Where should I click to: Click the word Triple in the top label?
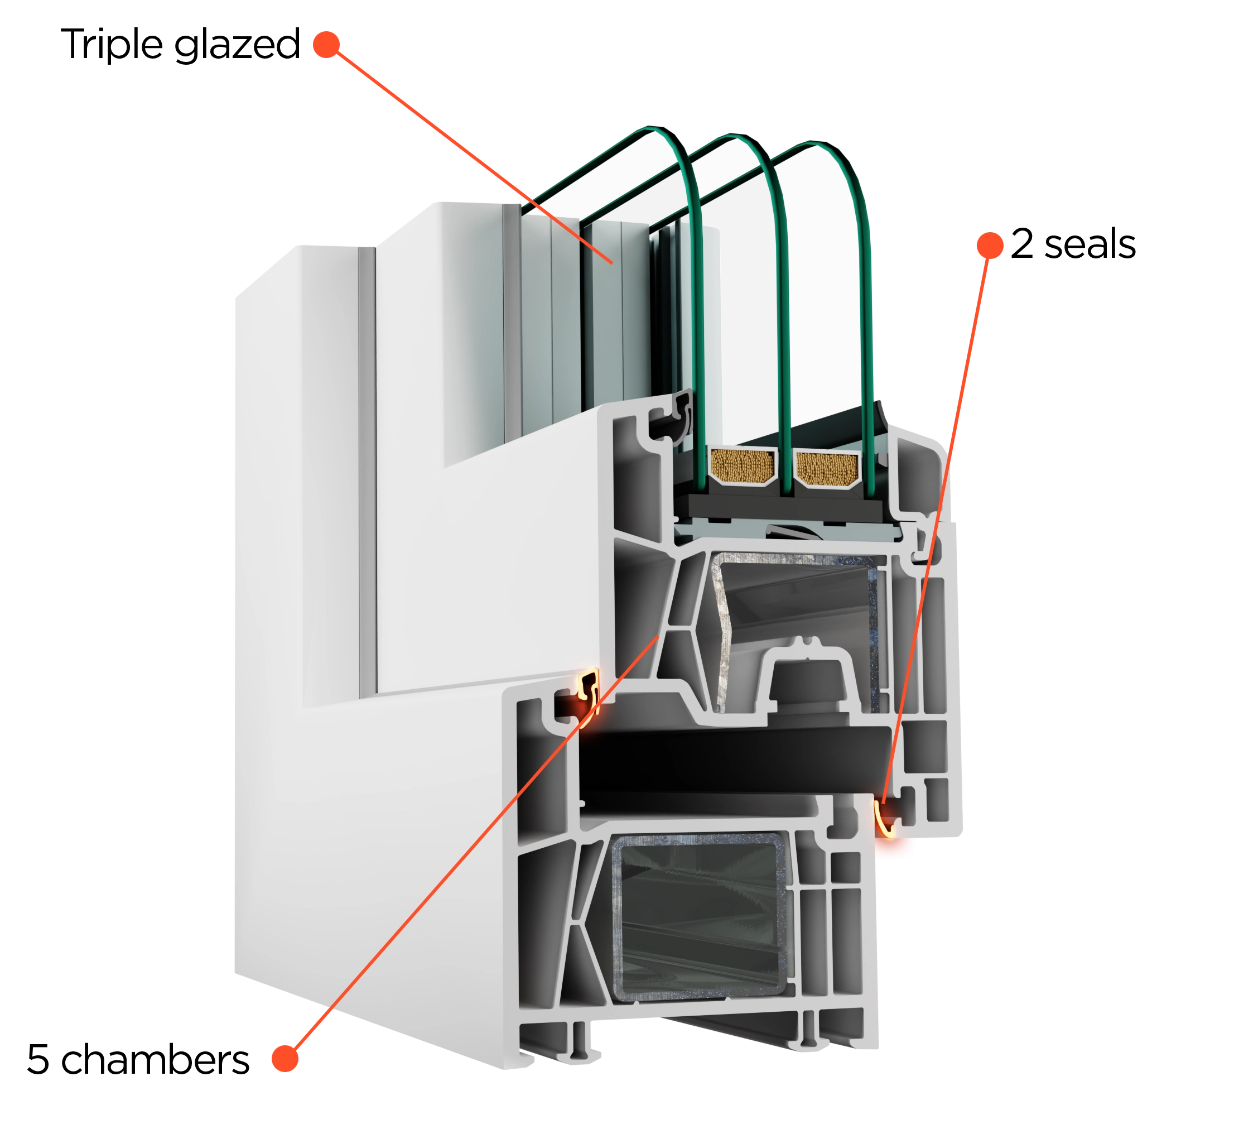(112, 44)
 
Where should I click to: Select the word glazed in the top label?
(237, 45)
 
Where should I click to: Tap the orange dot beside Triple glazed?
(326, 45)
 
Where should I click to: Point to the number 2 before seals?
(1022, 244)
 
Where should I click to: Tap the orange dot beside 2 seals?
(990, 246)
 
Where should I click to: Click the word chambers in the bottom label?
(155, 1060)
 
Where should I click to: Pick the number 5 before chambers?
(38, 1060)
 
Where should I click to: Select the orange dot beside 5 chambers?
(285, 1059)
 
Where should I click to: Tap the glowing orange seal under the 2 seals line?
(884, 819)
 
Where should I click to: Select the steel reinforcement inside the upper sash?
(797, 632)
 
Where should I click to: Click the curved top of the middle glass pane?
(736, 139)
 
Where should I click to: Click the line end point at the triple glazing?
(612, 264)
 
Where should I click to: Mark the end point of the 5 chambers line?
(659, 636)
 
